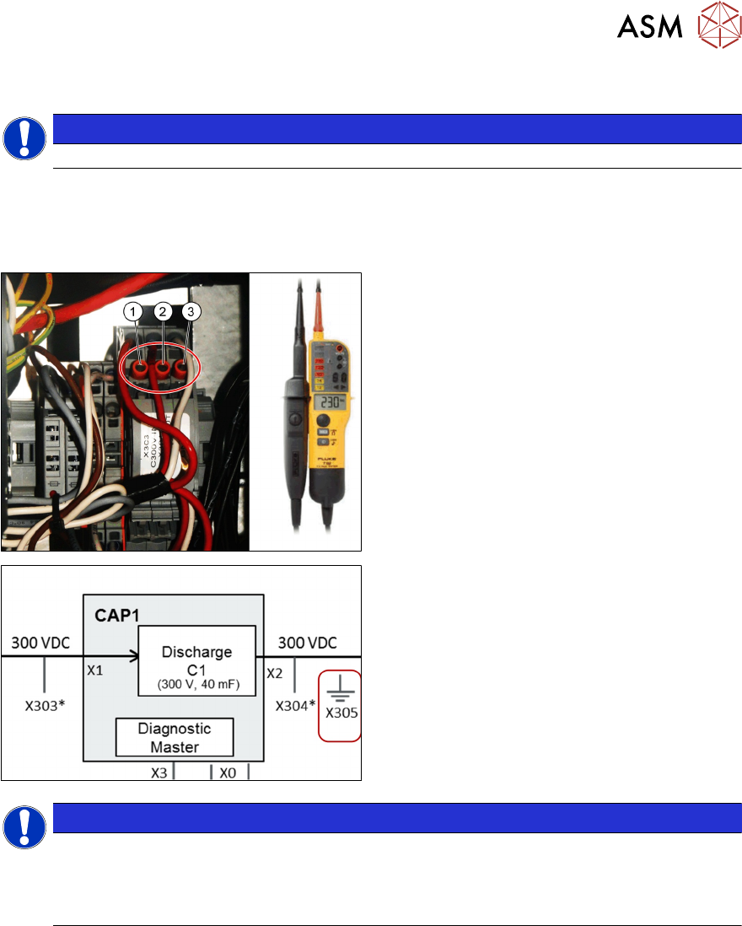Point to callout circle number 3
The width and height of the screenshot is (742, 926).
191,312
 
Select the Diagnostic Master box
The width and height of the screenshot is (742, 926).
174,738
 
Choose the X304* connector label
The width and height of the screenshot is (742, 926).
294,708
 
